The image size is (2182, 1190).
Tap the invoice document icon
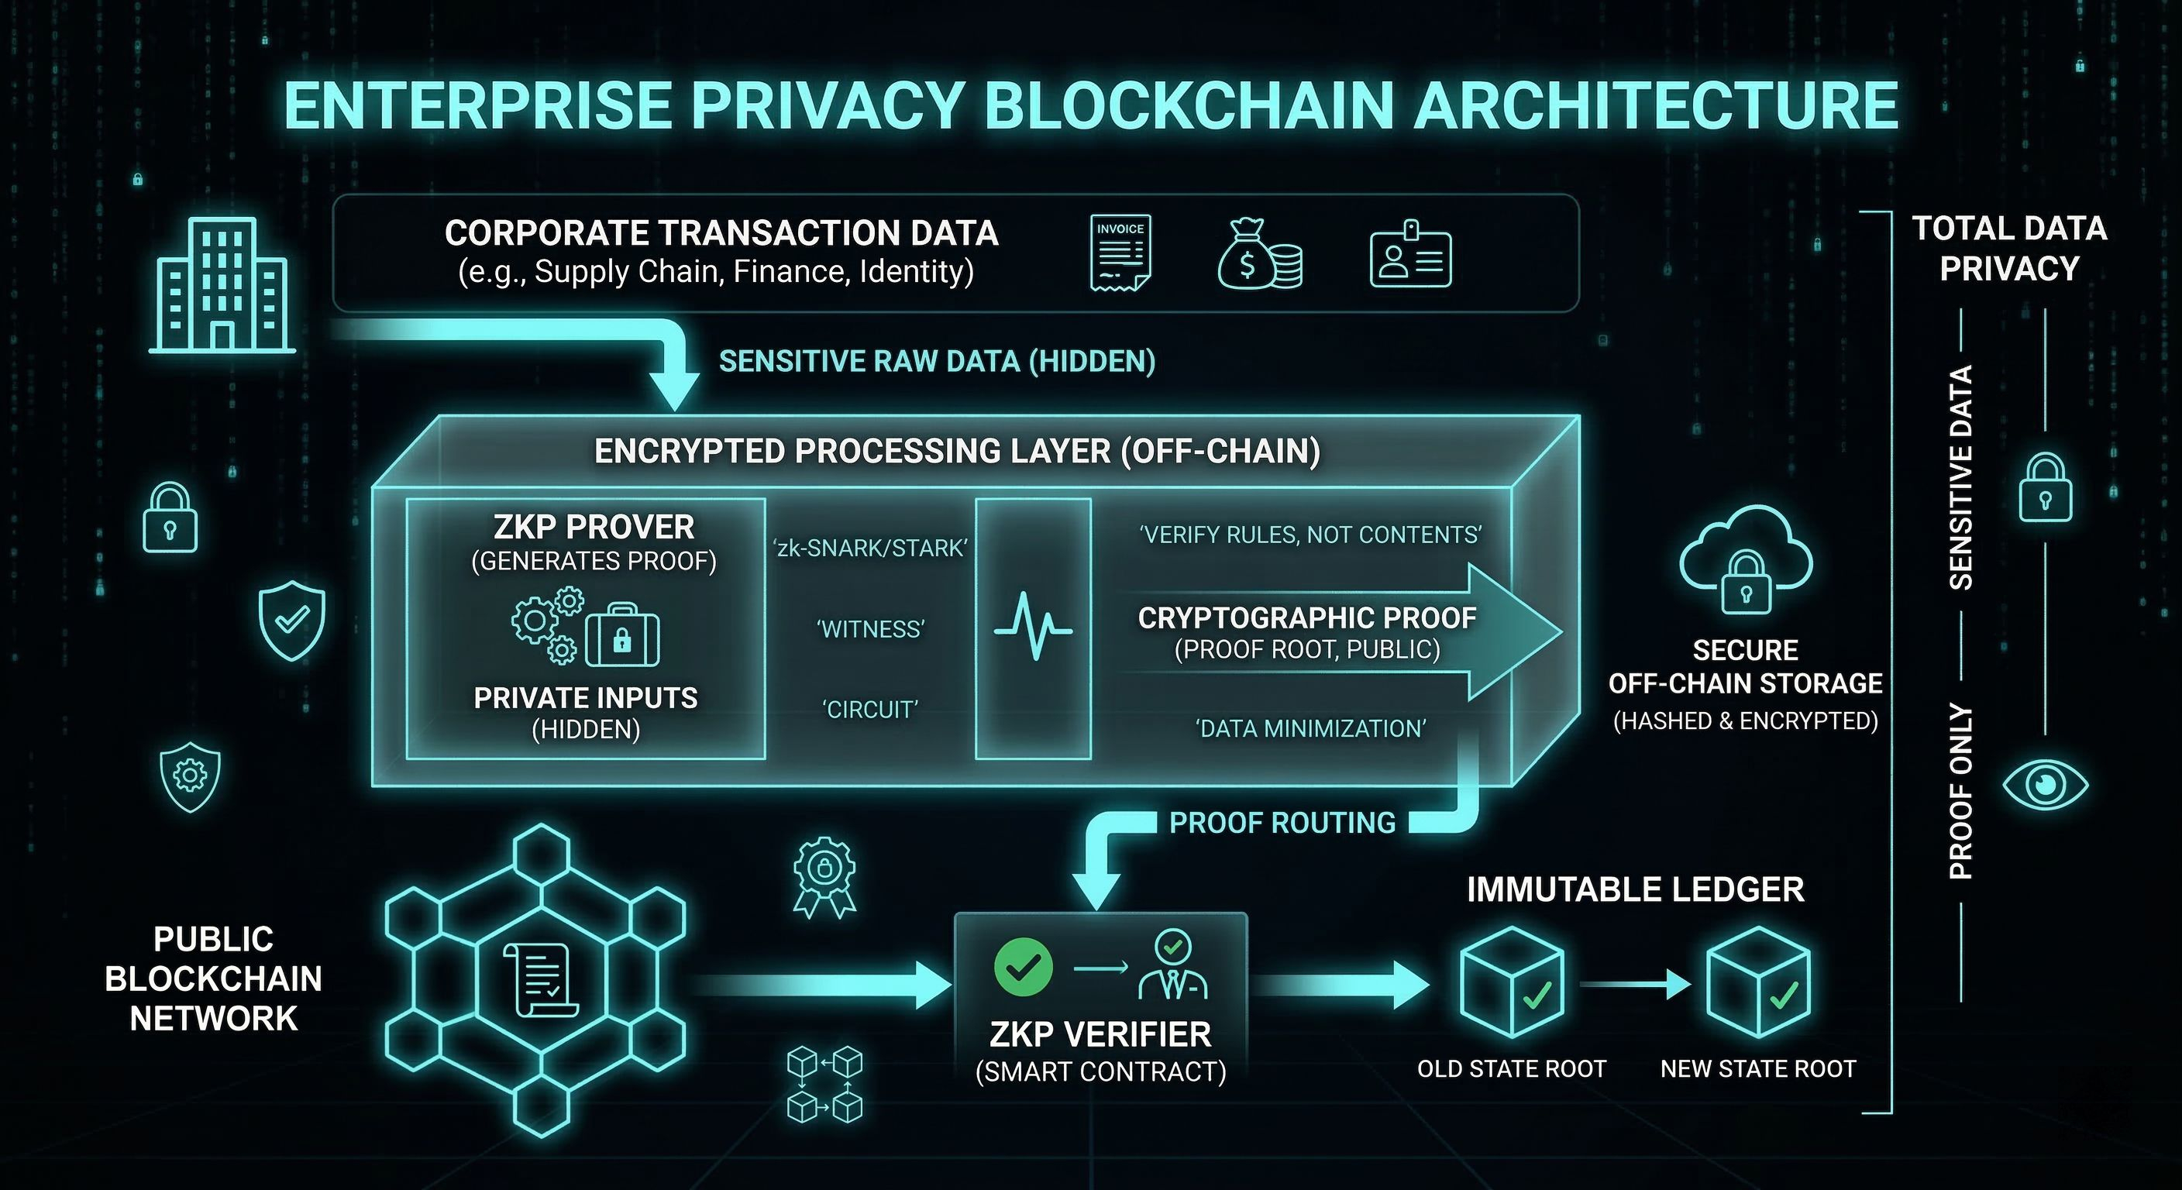[x=1120, y=253]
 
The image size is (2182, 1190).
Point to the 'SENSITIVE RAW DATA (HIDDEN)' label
[x=937, y=362]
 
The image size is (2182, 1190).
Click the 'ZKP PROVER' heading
[x=594, y=527]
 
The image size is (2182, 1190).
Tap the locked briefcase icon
[x=621, y=635]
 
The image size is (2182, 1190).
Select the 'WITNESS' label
[x=870, y=629]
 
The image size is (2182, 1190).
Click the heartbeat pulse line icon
[x=1033, y=628]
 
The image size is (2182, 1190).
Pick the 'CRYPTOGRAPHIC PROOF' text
[x=1307, y=618]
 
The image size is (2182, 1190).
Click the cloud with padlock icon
[x=1745, y=559]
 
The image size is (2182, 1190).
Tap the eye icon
[x=2045, y=784]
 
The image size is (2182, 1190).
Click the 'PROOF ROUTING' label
[x=1282, y=823]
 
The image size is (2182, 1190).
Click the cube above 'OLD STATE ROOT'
[x=1512, y=982]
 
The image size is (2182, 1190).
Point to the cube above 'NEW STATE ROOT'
[x=1757, y=982]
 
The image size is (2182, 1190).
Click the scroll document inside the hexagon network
[x=540, y=980]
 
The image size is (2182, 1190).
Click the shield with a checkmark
[x=292, y=620]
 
